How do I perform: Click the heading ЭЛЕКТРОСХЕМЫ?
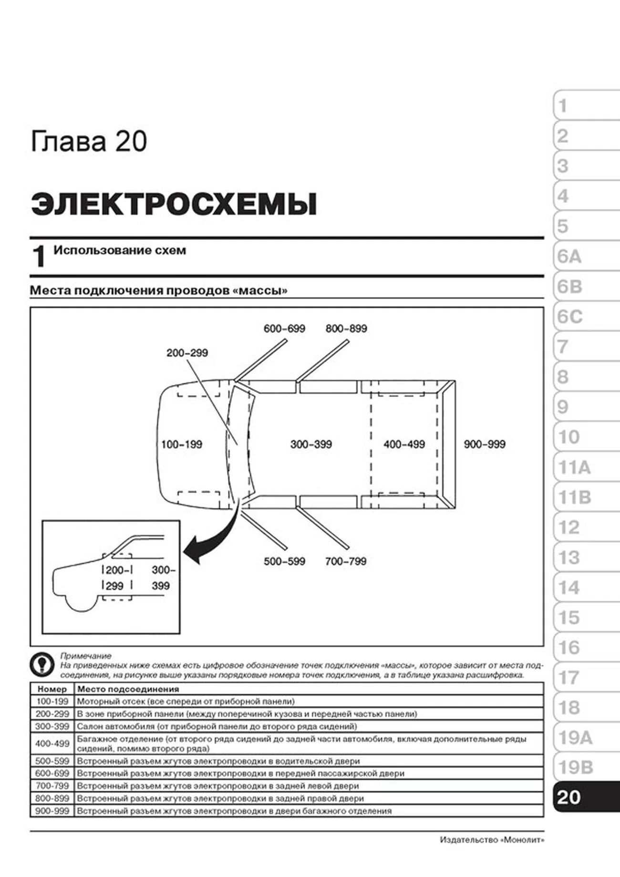tap(174, 204)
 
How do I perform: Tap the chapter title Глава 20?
tap(89, 142)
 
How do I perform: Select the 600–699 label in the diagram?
tap(284, 329)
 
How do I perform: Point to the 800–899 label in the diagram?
tap(346, 329)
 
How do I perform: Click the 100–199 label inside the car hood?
tap(182, 444)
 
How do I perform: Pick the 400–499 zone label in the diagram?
tap(404, 444)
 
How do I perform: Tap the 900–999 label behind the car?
tap(485, 444)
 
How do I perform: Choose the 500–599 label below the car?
tap(284, 561)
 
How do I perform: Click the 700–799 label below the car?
tap(346, 561)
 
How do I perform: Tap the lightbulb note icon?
tap(42, 664)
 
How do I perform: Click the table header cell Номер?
tap(52, 689)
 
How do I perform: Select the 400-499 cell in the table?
tap(52, 743)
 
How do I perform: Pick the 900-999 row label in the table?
tap(52, 811)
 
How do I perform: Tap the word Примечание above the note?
tap(86, 656)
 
